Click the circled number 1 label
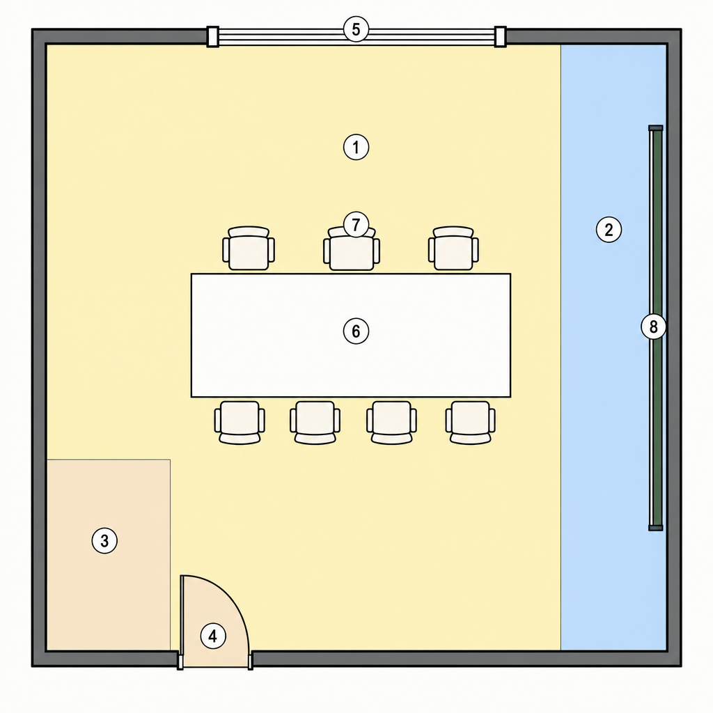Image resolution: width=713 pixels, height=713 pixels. coord(356,147)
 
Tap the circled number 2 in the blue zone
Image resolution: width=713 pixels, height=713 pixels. coord(609,229)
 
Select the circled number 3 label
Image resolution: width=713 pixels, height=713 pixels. coord(104,540)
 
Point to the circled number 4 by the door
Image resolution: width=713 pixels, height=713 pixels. coord(213,636)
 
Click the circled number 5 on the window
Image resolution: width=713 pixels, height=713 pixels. coord(356,29)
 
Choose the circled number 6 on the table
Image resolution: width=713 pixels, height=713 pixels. coord(356,331)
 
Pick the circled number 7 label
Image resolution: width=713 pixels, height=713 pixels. coord(356,224)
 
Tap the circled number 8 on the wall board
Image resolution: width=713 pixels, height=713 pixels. coord(653,327)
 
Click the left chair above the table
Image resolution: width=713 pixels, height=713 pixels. coord(249,249)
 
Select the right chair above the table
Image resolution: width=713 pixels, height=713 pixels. coord(453,249)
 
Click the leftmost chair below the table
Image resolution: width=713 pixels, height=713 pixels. coord(240,423)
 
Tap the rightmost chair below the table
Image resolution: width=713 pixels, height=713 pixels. coord(470,423)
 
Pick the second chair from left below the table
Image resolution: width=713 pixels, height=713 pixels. coord(315,423)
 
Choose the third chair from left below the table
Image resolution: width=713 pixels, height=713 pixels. coord(391,423)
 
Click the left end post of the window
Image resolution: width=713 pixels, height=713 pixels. coord(213,36)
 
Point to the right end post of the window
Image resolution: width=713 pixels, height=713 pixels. coord(500,36)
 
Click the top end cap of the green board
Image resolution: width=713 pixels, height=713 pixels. coord(656,128)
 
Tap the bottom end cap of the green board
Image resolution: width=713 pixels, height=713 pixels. coord(656,528)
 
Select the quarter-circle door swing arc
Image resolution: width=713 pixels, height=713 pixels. coord(230,595)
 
